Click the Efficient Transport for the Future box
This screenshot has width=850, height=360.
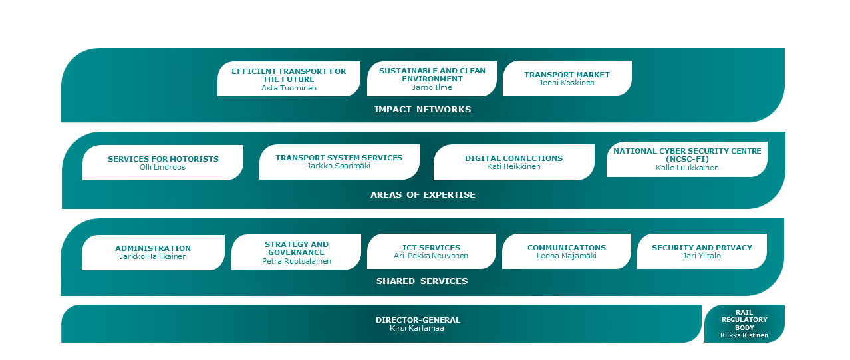click(x=289, y=79)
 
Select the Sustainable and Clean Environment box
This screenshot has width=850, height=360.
click(x=432, y=79)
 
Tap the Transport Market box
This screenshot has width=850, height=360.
click(x=567, y=78)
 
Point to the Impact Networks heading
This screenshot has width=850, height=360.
click(x=422, y=110)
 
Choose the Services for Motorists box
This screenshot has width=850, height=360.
click(x=163, y=162)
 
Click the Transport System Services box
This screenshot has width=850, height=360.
click(x=339, y=162)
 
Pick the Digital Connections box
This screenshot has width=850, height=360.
click(x=513, y=162)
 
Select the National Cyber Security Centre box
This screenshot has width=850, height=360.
click(x=687, y=159)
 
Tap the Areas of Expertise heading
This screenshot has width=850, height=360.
click(x=422, y=195)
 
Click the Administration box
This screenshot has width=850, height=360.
click(x=153, y=252)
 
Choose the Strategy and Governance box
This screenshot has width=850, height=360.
click(x=296, y=252)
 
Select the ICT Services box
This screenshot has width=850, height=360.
click(x=431, y=252)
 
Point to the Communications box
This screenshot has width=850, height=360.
click(x=566, y=252)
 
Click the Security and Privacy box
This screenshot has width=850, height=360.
click(x=702, y=252)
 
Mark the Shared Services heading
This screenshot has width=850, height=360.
click(x=422, y=281)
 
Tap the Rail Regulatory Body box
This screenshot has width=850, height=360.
click(x=744, y=323)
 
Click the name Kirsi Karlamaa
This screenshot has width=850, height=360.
click(x=417, y=329)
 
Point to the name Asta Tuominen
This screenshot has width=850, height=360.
click(x=289, y=88)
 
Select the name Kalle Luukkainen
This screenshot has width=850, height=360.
click(x=687, y=168)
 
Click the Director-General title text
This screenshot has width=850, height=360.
click(x=418, y=320)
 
